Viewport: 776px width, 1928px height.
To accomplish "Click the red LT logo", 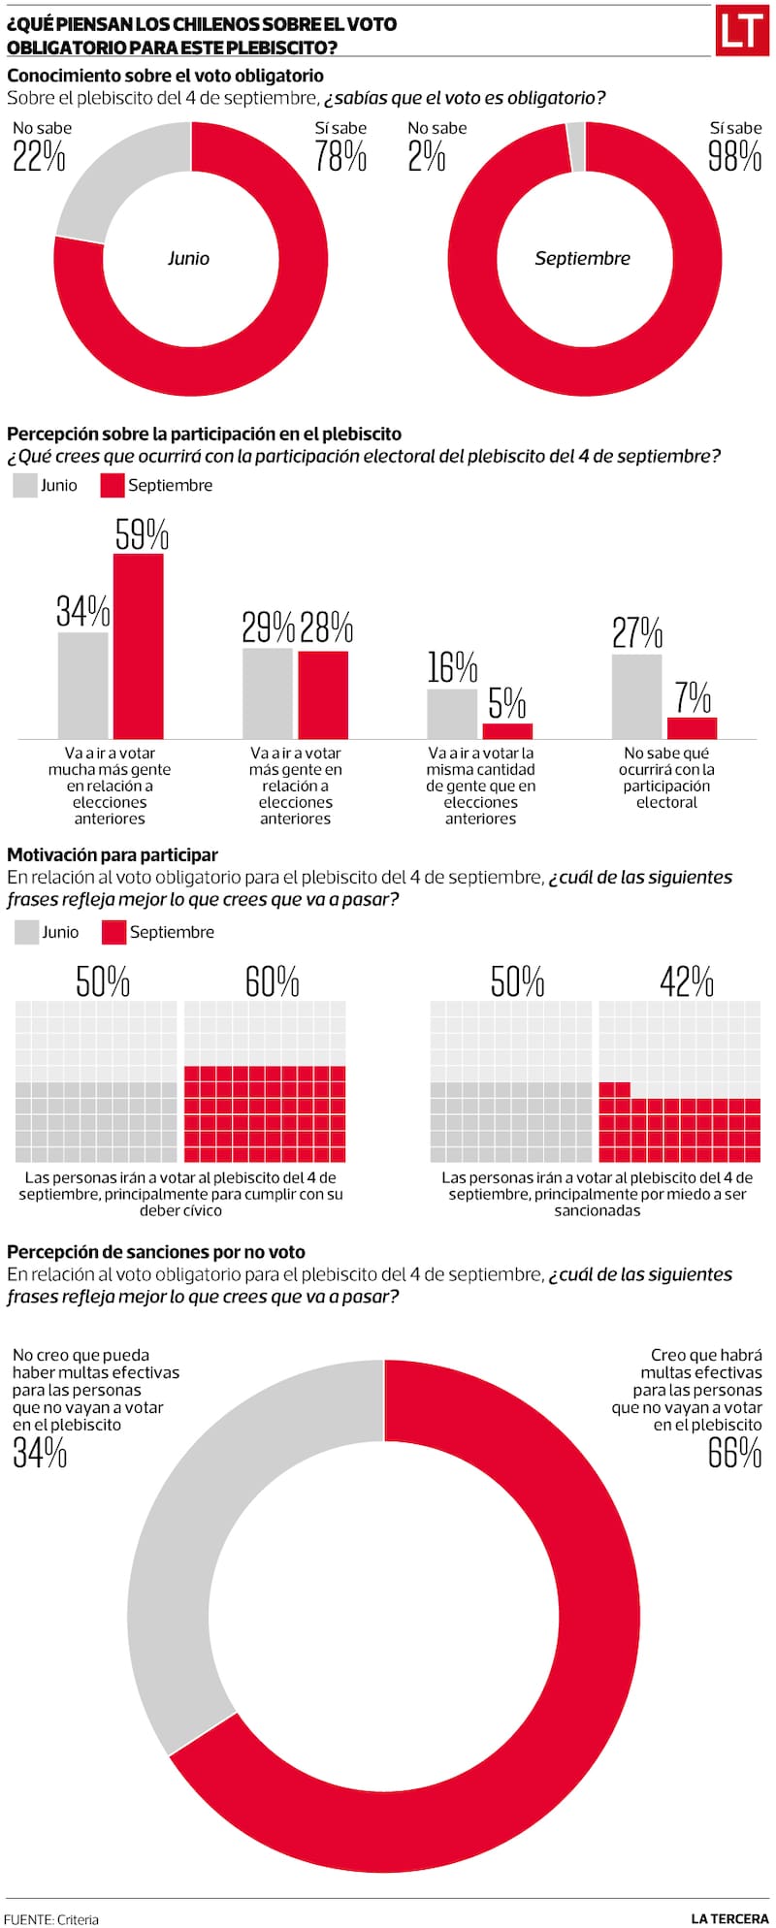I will pos(741,31).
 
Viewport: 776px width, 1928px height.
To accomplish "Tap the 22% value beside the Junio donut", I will pos(39,155).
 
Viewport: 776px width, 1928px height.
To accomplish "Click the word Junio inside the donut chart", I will pos(188,258).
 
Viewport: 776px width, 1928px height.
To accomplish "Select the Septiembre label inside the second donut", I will pos(582,258).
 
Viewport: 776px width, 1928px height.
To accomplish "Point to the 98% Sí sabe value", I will pos(734,155).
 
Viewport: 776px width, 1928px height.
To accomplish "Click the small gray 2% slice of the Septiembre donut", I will pos(576,146).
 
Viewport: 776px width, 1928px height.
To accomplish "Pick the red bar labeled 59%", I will pos(139,646).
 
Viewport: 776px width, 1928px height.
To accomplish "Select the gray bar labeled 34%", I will pos(82,686).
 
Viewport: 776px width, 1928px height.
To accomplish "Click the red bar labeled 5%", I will pos(507,731).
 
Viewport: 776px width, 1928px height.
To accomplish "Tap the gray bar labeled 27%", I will pos(636,696).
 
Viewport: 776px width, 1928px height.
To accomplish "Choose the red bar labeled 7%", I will pos(692,728).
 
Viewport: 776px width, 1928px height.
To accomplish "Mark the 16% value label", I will pos(452,667).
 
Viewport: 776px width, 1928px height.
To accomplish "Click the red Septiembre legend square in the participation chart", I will pos(113,486).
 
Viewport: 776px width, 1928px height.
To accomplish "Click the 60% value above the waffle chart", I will pos(272,981).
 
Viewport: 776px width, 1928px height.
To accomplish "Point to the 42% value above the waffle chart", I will pos(687,981).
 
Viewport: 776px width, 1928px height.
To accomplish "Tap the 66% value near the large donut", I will pos(734,1453).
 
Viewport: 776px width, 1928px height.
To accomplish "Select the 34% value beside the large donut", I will pos(40,1453).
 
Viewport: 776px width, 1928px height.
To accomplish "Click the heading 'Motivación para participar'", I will pos(113,854).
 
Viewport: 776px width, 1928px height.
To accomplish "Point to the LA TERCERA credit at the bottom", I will pos(729,1918).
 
